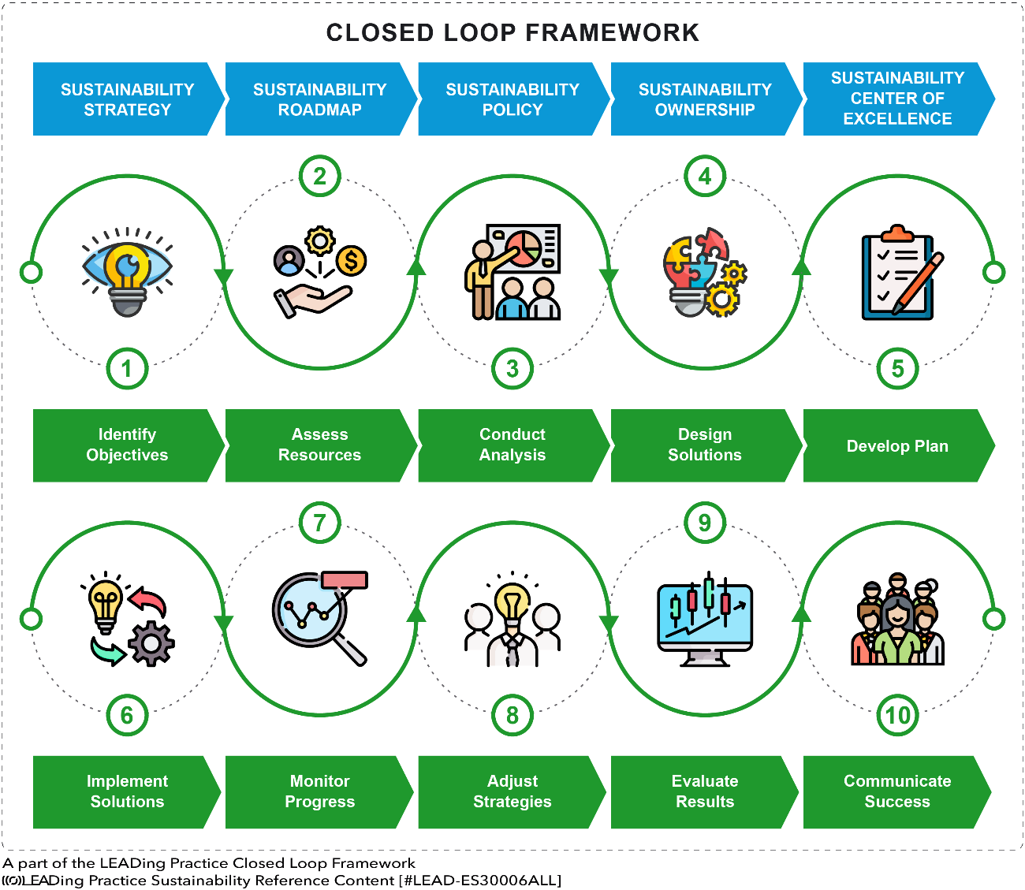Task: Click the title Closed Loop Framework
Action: click(512, 33)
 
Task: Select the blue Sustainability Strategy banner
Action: click(126, 99)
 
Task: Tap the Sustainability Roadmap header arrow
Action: click(319, 99)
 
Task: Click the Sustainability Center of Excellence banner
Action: click(896, 99)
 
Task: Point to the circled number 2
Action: click(319, 176)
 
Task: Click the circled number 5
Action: click(897, 369)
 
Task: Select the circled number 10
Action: click(897, 716)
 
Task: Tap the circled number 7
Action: click(319, 523)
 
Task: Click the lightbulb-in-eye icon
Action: click(127, 272)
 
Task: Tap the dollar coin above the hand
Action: click(351, 259)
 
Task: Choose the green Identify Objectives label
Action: click(126, 445)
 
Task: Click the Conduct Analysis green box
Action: click(512, 445)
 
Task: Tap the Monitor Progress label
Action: click(319, 791)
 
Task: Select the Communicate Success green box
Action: click(896, 791)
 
